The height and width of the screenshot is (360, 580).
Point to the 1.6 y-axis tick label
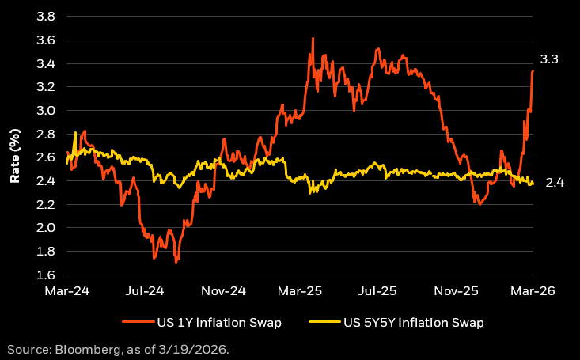(x=45, y=275)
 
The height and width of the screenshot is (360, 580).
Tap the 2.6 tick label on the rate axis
(x=45, y=157)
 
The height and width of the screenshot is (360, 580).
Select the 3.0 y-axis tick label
(x=45, y=111)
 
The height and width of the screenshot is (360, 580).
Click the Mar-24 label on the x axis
(x=66, y=290)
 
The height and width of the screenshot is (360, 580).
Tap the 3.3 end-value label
(x=550, y=59)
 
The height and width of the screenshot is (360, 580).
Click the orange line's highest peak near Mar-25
(x=313, y=38)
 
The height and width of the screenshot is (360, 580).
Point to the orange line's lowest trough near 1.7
(x=176, y=262)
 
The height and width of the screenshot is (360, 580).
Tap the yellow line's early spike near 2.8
(x=75, y=132)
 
